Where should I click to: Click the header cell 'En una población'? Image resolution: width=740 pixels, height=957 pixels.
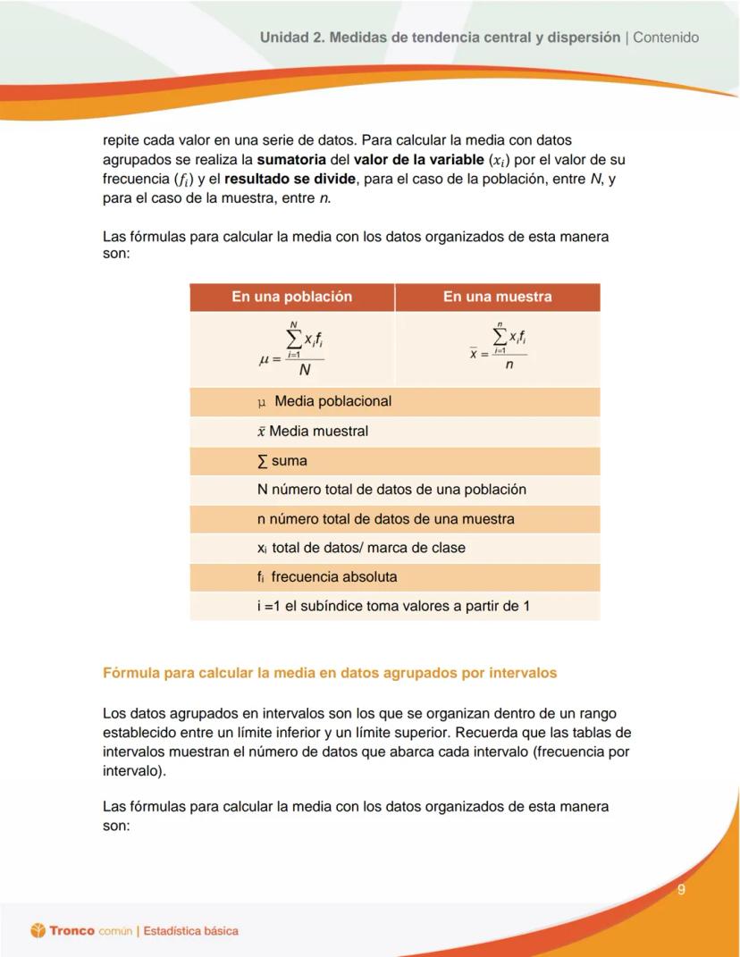(x=291, y=297)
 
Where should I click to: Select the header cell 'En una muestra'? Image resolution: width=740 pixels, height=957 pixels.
(x=497, y=297)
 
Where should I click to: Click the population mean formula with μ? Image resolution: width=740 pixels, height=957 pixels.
(x=291, y=349)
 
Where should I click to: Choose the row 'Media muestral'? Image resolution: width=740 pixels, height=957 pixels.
(x=313, y=431)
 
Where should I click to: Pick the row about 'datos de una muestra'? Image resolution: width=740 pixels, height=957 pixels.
(x=386, y=519)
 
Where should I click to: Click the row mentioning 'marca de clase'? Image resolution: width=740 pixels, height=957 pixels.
(x=361, y=548)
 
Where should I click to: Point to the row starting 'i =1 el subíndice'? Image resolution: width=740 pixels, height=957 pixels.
(x=393, y=606)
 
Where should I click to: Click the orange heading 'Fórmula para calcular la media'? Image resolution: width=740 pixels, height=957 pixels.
(x=330, y=673)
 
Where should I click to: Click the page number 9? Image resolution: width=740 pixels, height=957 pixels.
(x=681, y=889)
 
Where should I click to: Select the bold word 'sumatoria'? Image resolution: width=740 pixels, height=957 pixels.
(x=301, y=161)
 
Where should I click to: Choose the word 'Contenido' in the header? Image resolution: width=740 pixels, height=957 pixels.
(x=666, y=38)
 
